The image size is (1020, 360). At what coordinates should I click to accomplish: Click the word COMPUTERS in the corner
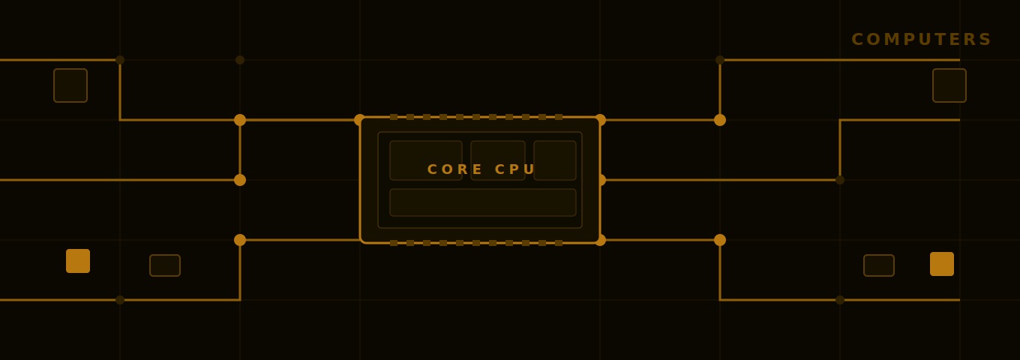(x=921, y=40)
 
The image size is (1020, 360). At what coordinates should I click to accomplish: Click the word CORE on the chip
(x=454, y=169)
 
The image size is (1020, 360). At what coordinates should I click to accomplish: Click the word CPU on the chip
(x=514, y=169)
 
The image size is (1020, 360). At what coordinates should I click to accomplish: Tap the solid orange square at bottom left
(x=78, y=261)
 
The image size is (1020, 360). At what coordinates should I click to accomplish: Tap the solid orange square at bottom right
(x=942, y=264)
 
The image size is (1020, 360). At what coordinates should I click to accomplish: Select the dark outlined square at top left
(x=70, y=85)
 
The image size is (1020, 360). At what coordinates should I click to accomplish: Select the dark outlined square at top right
(x=949, y=85)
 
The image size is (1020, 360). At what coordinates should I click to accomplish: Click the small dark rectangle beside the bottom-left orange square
(x=165, y=265)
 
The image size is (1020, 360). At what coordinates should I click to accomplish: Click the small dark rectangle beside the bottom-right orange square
(x=879, y=265)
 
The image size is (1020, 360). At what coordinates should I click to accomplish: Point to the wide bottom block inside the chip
(x=483, y=202)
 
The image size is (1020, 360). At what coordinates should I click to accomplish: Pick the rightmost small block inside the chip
(x=555, y=160)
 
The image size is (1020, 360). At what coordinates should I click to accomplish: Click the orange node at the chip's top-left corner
(x=360, y=120)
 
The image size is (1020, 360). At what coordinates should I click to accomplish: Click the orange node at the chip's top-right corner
(x=600, y=120)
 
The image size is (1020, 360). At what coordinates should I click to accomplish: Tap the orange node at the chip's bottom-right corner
(x=600, y=240)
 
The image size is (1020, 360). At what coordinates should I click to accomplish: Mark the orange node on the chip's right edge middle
(x=601, y=180)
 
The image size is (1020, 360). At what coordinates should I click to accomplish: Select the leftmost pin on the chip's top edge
(x=394, y=117)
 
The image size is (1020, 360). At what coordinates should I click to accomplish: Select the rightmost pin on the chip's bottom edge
(x=559, y=243)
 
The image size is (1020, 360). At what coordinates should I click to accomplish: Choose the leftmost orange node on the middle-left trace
(x=240, y=180)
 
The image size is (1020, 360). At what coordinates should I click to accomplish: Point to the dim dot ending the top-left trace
(x=120, y=60)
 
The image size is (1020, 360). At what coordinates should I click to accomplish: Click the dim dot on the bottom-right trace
(x=840, y=300)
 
